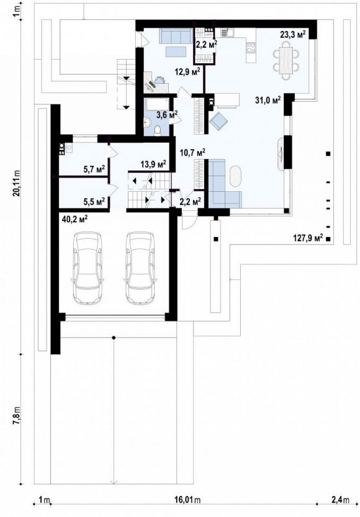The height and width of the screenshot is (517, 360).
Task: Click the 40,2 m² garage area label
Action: [74, 218]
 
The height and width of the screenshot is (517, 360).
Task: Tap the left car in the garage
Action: [87, 268]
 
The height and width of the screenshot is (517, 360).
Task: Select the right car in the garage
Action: [140, 268]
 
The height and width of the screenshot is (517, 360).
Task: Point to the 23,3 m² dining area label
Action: [293, 35]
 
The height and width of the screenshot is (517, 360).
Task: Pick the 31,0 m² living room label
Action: [268, 100]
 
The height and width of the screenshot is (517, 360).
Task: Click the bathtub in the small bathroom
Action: [157, 104]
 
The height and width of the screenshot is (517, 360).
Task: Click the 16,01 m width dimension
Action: [188, 500]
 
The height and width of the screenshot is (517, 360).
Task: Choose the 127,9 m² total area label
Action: [308, 238]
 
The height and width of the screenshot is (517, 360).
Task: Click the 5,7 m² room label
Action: [94, 169]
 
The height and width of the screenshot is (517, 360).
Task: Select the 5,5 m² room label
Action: [94, 202]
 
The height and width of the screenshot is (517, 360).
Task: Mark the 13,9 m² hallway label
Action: [153, 164]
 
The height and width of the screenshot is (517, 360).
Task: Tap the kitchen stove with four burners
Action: [251, 48]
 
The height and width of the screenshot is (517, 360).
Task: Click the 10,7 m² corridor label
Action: [192, 152]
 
